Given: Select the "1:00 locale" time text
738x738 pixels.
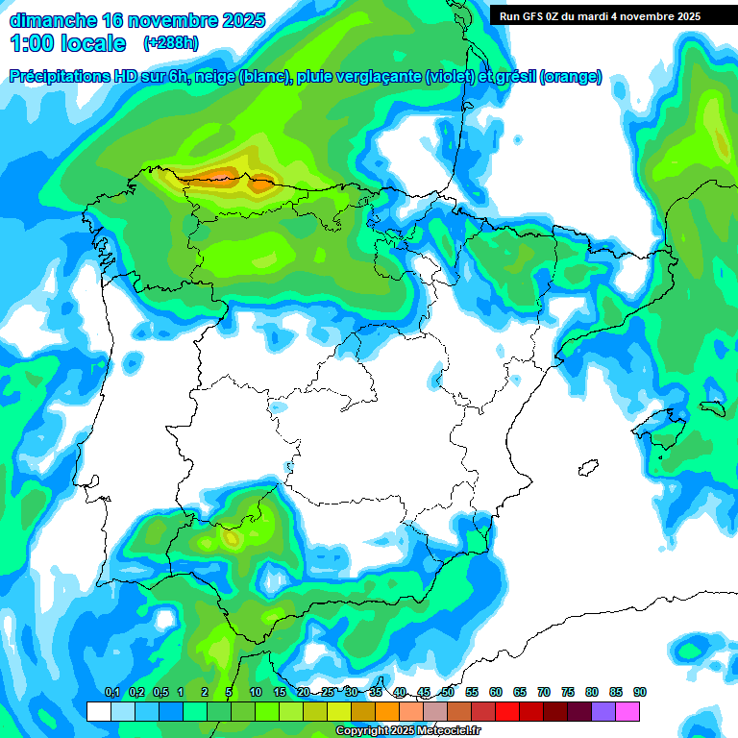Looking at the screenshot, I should pyautogui.click(x=67, y=43).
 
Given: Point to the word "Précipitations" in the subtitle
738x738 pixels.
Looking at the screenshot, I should pyautogui.click(x=58, y=77).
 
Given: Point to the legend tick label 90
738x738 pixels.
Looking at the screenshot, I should pyautogui.click(x=639, y=692).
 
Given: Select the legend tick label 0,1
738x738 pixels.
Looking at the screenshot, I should pyautogui.click(x=111, y=692).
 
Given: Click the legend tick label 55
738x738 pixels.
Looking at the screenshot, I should pyautogui.click(x=472, y=692).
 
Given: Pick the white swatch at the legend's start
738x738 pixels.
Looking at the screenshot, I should pyautogui.click(x=98, y=711).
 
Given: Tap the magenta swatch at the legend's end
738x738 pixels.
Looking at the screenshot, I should pyautogui.click(x=627, y=711).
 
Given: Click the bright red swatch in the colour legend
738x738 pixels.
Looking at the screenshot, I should pyautogui.click(x=507, y=711).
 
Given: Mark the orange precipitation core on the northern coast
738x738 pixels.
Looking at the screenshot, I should pyautogui.click(x=223, y=174).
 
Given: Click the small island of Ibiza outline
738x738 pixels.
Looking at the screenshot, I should pyautogui.click(x=587, y=468).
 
